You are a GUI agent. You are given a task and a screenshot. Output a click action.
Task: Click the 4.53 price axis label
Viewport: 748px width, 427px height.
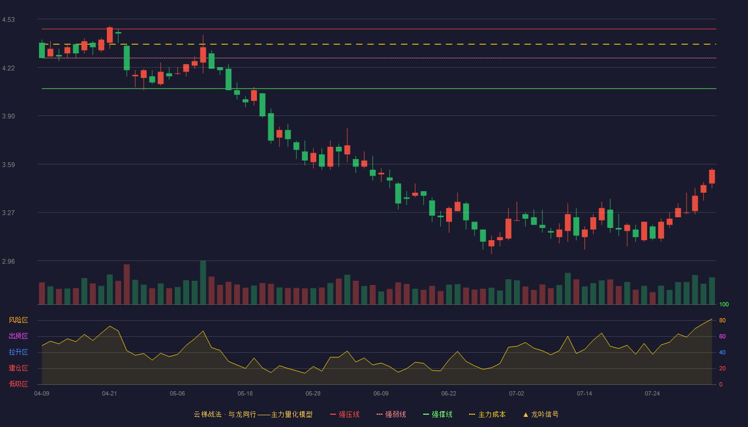[x=9, y=20]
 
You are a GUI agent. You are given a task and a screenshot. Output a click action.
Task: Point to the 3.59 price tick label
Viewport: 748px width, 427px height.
[x=9, y=165]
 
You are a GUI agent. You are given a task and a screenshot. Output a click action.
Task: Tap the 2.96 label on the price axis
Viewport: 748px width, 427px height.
[x=9, y=261]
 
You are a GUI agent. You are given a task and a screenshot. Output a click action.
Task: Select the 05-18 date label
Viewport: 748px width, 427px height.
[x=245, y=394]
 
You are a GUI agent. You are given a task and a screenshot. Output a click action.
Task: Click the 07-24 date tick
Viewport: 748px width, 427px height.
[x=652, y=394]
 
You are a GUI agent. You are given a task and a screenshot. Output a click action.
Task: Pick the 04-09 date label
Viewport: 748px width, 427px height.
[x=42, y=394]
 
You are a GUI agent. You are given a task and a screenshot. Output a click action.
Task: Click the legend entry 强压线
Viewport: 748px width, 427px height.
[x=345, y=414]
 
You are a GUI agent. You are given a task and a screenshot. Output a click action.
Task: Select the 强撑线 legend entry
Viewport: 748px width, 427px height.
[x=438, y=414]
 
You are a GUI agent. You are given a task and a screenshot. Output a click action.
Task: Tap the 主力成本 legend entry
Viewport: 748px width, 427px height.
[x=487, y=414]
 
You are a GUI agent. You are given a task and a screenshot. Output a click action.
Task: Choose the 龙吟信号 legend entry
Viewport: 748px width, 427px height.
[x=541, y=414]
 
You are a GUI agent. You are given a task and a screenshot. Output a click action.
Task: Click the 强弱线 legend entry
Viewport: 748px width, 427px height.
[x=391, y=414]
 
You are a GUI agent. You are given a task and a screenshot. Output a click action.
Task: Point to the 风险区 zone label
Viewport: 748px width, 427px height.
[x=18, y=320]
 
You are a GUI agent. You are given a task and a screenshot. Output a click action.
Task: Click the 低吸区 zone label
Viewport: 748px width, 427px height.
[x=18, y=384]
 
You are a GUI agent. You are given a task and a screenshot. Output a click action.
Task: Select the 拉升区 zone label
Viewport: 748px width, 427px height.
[x=18, y=352]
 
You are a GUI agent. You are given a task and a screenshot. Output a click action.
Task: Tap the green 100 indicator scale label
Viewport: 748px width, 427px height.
[x=724, y=304]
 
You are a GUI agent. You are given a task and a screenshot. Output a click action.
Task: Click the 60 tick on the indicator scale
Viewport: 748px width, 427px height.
[x=722, y=336]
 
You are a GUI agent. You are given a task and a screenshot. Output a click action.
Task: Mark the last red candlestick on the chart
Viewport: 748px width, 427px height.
[x=712, y=177]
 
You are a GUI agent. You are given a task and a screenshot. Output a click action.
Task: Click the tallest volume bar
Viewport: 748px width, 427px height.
[x=203, y=282]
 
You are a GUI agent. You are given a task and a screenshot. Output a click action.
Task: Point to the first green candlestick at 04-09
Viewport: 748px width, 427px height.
[x=42, y=50]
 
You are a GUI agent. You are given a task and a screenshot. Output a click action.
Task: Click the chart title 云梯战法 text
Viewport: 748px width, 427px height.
[x=207, y=414]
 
